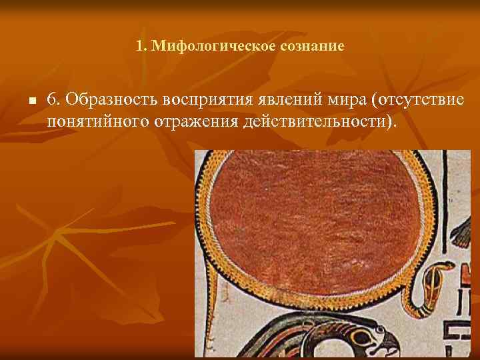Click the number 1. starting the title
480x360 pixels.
click(141, 47)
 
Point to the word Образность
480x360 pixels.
click(111, 100)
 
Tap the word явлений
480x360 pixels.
click(291, 100)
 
